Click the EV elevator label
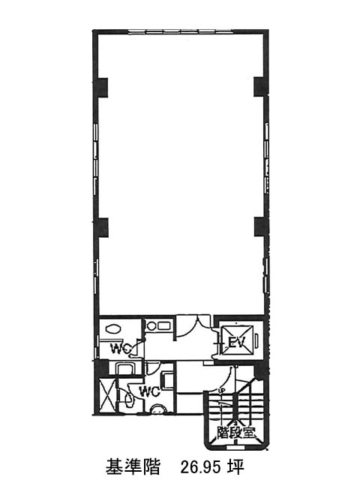click(x=235, y=343)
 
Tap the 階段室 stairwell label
click(x=235, y=432)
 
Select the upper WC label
click(x=121, y=348)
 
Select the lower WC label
click(x=150, y=391)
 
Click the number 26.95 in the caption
click(x=201, y=467)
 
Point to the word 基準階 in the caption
click(x=133, y=467)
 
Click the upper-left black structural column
click(x=101, y=87)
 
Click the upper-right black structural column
click(x=261, y=87)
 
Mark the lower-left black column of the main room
click(x=101, y=227)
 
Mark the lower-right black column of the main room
click(x=261, y=227)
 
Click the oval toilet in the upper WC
click(x=112, y=329)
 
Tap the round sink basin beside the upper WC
click(x=151, y=325)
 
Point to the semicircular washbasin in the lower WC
click(x=158, y=409)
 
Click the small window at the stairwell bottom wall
click(x=235, y=447)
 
